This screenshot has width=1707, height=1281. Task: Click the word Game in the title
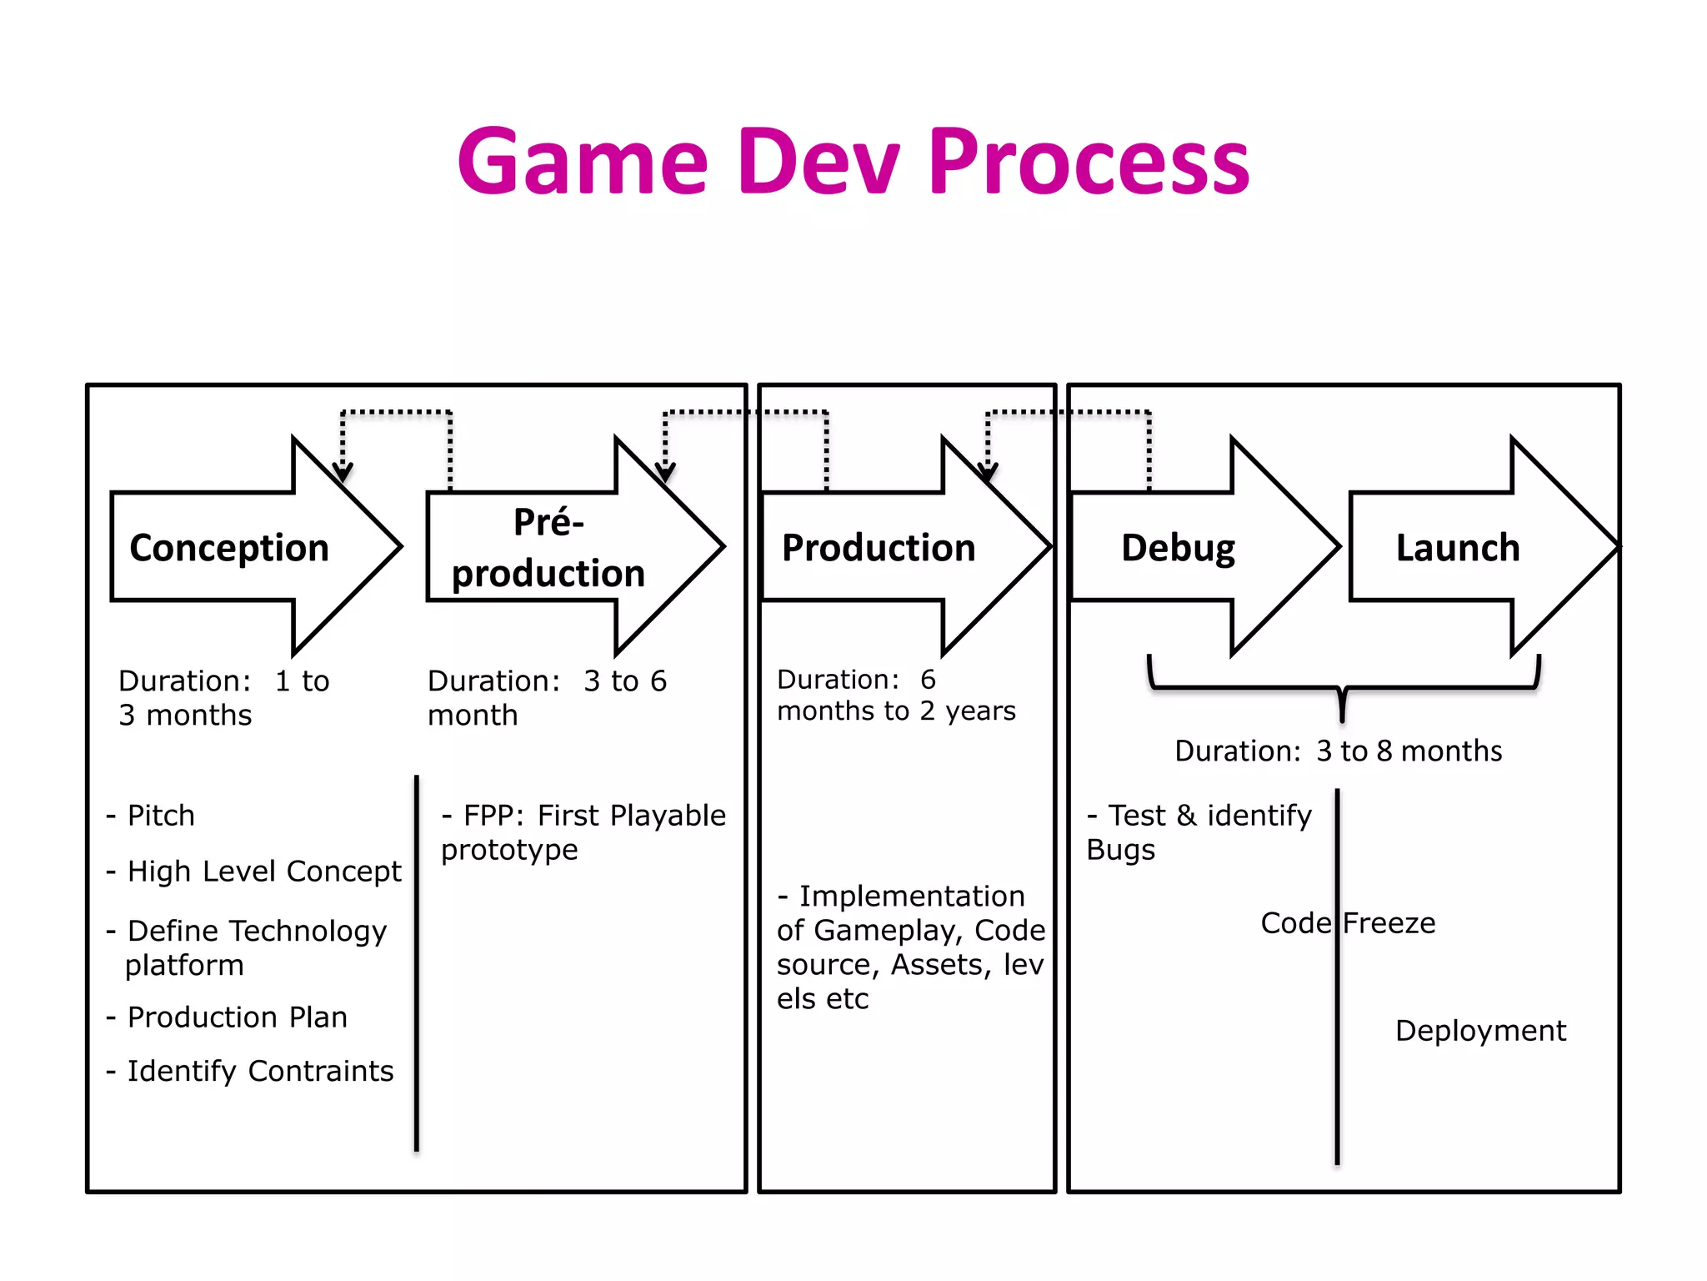tap(583, 162)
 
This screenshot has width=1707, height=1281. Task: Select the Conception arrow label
tap(229, 548)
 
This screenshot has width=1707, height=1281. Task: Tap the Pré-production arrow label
tap(548, 548)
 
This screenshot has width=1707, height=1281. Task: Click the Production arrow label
tap(878, 548)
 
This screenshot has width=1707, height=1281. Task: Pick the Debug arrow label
tap(1178, 548)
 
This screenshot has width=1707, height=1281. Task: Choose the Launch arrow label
tap(1458, 548)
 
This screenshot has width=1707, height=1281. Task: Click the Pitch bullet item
tap(161, 816)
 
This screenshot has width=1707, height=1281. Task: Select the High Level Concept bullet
tap(263, 872)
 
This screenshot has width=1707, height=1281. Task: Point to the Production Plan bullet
tap(237, 1017)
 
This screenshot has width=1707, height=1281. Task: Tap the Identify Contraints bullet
tap(259, 1071)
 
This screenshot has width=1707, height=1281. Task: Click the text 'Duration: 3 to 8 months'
tap(1338, 751)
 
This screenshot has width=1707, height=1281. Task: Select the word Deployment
tap(1480, 1031)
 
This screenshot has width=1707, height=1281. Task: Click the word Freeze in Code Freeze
tap(1389, 923)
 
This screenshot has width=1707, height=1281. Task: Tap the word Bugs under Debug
tap(1120, 850)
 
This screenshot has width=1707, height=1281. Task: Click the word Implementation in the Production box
tap(912, 897)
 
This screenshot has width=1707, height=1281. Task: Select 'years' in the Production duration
tap(980, 711)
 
